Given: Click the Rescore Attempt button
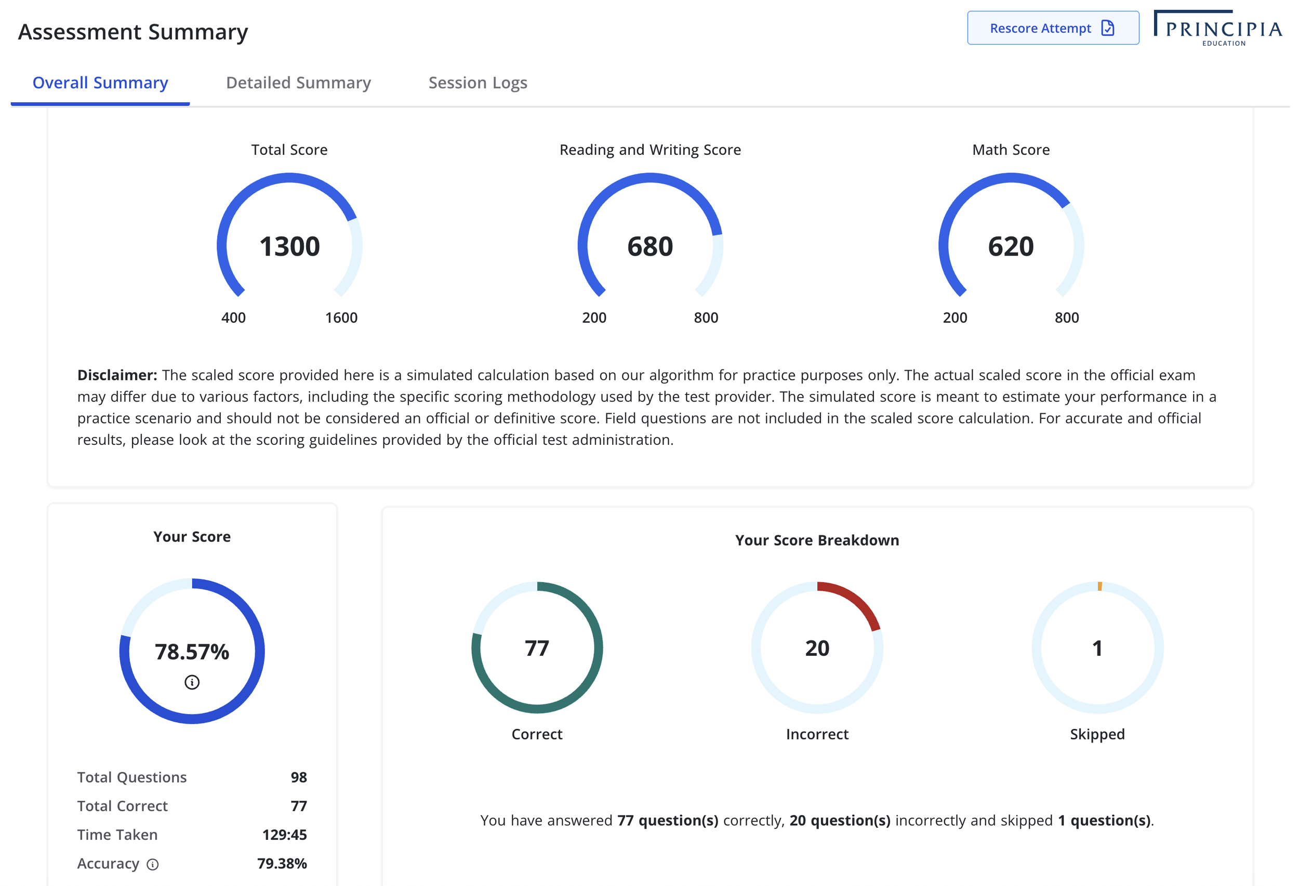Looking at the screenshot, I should [1052, 28].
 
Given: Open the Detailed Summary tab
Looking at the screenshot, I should [298, 83].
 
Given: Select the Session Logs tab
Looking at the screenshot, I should [478, 83].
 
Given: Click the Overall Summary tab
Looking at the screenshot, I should [100, 83].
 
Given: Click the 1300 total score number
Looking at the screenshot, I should [289, 246].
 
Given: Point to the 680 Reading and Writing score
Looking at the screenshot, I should [649, 246].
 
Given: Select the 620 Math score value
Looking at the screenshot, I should [1010, 246].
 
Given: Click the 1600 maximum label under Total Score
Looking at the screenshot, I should [341, 318].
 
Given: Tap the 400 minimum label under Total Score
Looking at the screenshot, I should [233, 318].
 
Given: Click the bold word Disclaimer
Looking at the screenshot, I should [117, 375].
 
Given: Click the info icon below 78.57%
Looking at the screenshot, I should [192, 682].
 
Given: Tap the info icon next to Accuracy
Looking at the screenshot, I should [153, 864].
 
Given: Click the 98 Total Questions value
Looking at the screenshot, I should [298, 777].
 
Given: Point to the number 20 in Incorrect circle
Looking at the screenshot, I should [817, 648].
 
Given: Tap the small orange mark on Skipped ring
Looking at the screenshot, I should [1099, 586].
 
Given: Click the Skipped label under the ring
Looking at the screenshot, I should [1097, 734].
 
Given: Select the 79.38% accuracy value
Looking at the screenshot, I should [282, 864].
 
